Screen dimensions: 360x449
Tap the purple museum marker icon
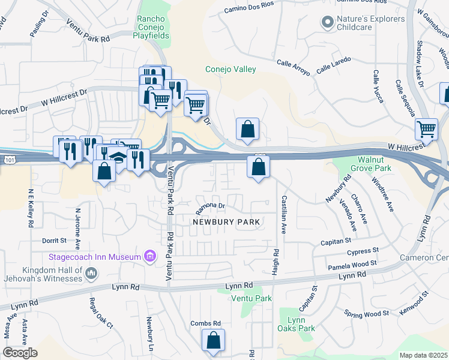[151, 257]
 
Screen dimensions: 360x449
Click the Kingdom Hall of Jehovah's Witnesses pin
[92, 274]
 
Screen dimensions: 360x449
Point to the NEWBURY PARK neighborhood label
[226, 222]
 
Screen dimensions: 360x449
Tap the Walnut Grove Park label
[375, 164]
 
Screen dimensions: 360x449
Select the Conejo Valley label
[231, 69]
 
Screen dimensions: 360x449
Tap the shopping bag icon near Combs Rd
[213, 340]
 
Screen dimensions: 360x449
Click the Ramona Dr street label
[210, 208]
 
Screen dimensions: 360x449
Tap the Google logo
[19, 353]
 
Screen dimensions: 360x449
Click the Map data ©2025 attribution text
[423, 355]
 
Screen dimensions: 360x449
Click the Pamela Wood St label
[352, 265]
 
